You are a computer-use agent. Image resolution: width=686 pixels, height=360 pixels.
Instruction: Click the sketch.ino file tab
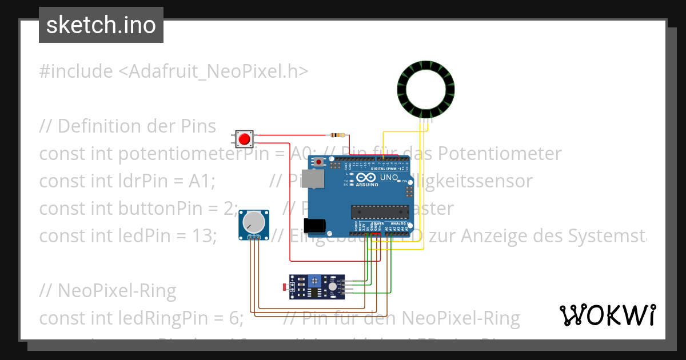pos(101,25)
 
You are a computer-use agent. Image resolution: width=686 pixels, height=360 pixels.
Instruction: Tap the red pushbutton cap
pos(245,139)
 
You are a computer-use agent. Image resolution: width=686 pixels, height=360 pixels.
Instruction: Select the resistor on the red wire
pos(337,135)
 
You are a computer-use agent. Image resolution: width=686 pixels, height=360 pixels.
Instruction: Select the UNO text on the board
pos(389,178)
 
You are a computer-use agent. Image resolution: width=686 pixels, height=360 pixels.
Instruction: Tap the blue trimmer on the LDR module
pos(313,281)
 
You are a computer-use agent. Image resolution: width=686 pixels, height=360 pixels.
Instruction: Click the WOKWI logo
pos(607,315)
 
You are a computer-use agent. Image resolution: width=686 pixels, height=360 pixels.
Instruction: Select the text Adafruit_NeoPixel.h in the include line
pos(213,71)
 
